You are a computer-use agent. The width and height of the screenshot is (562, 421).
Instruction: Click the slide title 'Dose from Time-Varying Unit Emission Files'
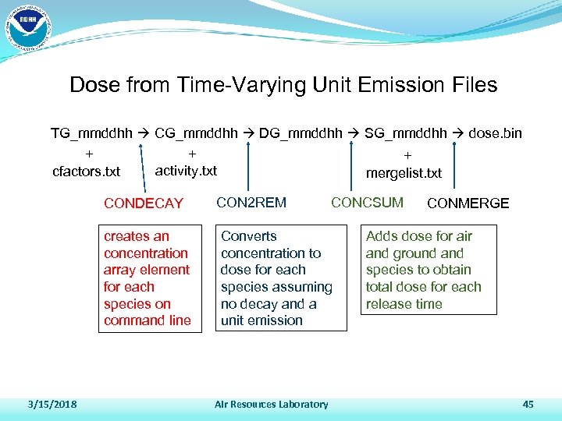pyautogui.click(x=283, y=85)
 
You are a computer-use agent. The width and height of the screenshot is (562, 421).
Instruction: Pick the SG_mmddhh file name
pyautogui.click(x=405, y=133)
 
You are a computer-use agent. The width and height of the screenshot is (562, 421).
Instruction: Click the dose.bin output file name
pyautogui.click(x=495, y=133)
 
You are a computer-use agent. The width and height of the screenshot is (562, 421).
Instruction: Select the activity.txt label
pyautogui.click(x=187, y=170)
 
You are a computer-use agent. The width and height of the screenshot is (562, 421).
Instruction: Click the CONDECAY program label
pyautogui.click(x=144, y=203)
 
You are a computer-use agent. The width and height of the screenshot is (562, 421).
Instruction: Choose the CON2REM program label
pyautogui.click(x=251, y=203)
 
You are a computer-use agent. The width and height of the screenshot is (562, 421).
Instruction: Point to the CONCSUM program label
pyautogui.click(x=367, y=203)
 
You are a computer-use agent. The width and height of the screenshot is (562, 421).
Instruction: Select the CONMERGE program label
pyautogui.click(x=468, y=203)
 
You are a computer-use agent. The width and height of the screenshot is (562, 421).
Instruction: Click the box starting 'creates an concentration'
pyautogui.click(x=148, y=278)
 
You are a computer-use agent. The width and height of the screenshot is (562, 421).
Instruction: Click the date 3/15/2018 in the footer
pyautogui.click(x=52, y=404)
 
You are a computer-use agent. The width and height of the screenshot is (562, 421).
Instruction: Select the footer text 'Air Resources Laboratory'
pyautogui.click(x=272, y=404)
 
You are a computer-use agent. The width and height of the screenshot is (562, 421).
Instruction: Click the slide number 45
pyautogui.click(x=528, y=404)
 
